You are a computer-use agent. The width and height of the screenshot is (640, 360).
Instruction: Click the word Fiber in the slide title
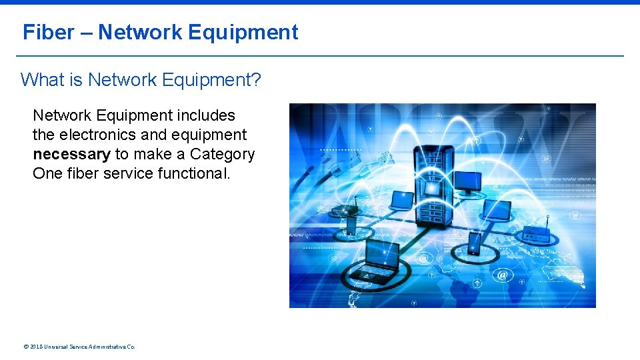[49, 32]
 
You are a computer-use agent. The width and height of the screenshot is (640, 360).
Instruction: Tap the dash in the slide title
[86, 33]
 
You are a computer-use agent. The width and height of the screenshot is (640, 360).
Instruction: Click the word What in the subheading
[42, 80]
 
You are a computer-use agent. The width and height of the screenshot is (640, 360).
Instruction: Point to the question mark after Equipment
[257, 80]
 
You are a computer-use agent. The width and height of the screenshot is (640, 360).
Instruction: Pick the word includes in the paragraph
[207, 115]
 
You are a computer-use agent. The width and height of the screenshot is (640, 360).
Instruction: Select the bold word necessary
[71, 154]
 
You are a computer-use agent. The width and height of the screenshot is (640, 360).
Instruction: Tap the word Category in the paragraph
[222, 154]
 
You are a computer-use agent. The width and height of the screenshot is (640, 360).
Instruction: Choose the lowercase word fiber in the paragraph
[82, 173]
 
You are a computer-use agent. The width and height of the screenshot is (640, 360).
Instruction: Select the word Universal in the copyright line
[56, 347]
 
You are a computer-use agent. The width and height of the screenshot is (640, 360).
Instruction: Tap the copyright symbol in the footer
[25, 347]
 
